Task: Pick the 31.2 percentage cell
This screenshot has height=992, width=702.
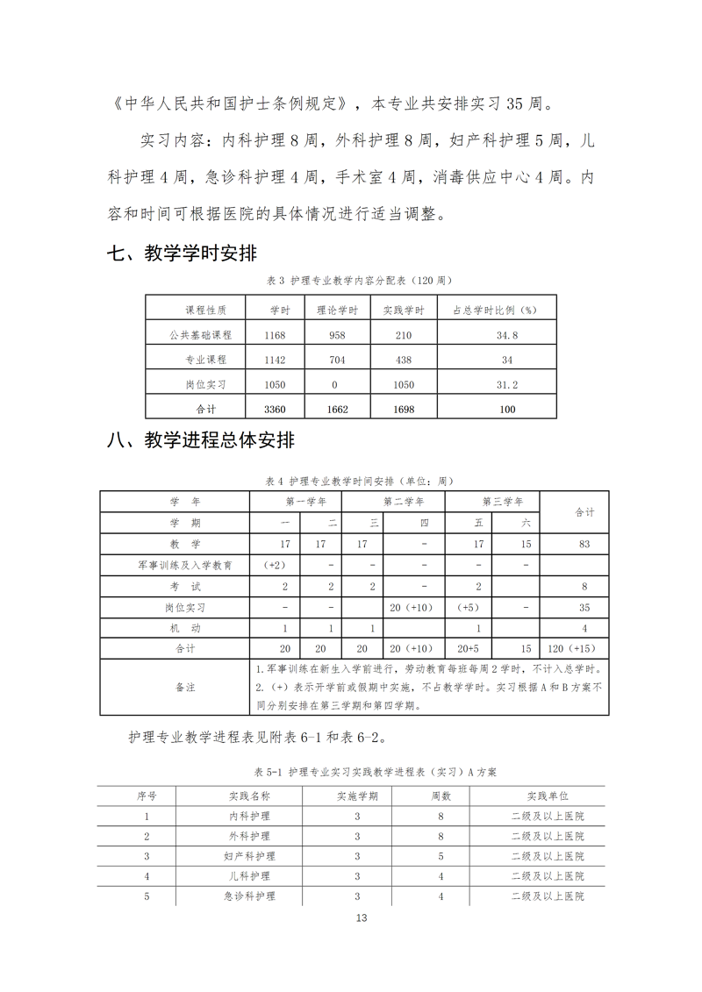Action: pos(507,384)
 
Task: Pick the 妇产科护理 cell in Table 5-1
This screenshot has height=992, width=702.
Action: pos(249,856)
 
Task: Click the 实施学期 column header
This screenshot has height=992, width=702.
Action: pos(357,796)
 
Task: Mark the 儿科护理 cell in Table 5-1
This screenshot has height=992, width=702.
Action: pos(249,876)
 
